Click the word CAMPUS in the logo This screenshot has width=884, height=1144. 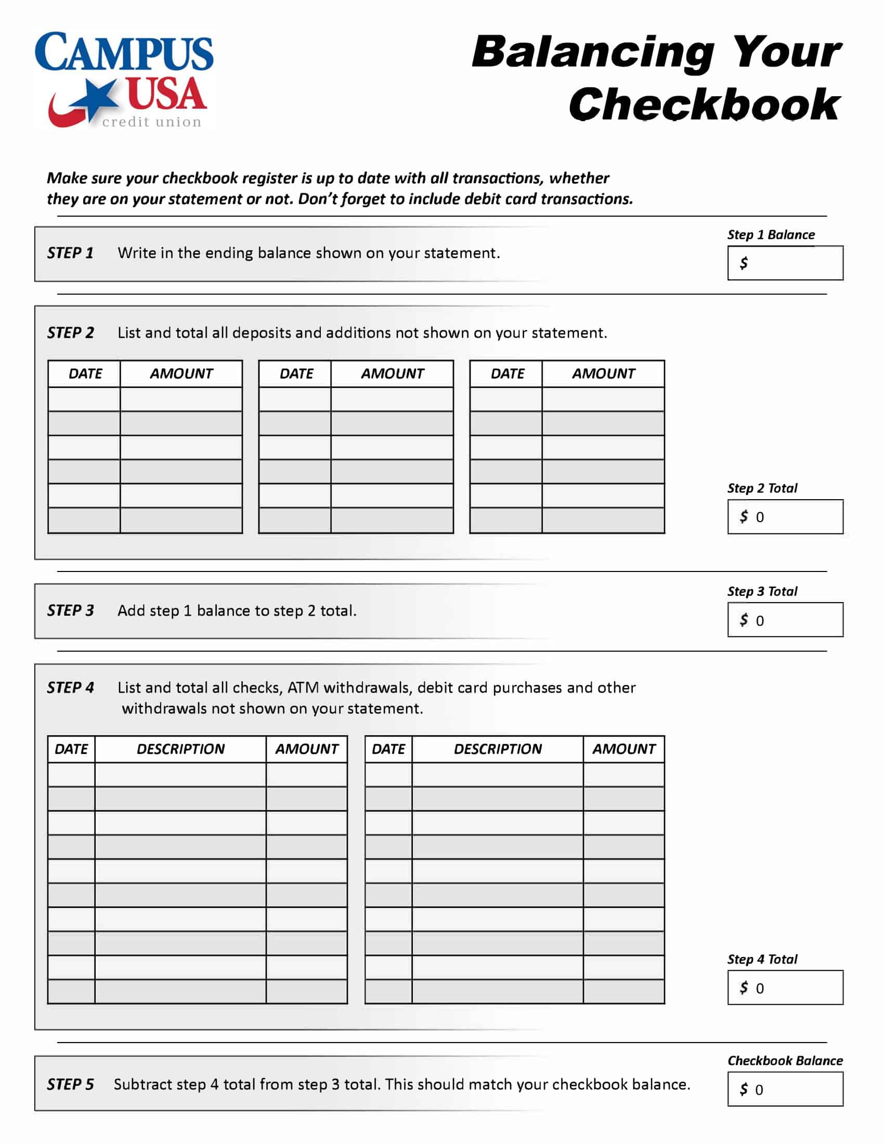124,53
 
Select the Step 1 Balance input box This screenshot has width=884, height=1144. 785,263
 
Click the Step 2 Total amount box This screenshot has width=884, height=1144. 785,517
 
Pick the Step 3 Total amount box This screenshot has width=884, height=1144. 785,620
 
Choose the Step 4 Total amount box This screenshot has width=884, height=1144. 785,988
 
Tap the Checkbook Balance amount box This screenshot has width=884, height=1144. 785,1089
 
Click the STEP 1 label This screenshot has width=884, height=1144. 70,254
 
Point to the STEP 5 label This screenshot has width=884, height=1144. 70,1084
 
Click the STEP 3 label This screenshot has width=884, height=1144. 70,611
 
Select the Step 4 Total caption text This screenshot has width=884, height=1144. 762,959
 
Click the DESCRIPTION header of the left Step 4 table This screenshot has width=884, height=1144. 180,749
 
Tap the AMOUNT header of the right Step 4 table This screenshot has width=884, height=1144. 623,749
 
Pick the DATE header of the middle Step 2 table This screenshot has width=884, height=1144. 296,374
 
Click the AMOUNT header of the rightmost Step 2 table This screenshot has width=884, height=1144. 603,374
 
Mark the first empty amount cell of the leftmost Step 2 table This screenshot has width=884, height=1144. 181,399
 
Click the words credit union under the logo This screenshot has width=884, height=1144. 152,122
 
